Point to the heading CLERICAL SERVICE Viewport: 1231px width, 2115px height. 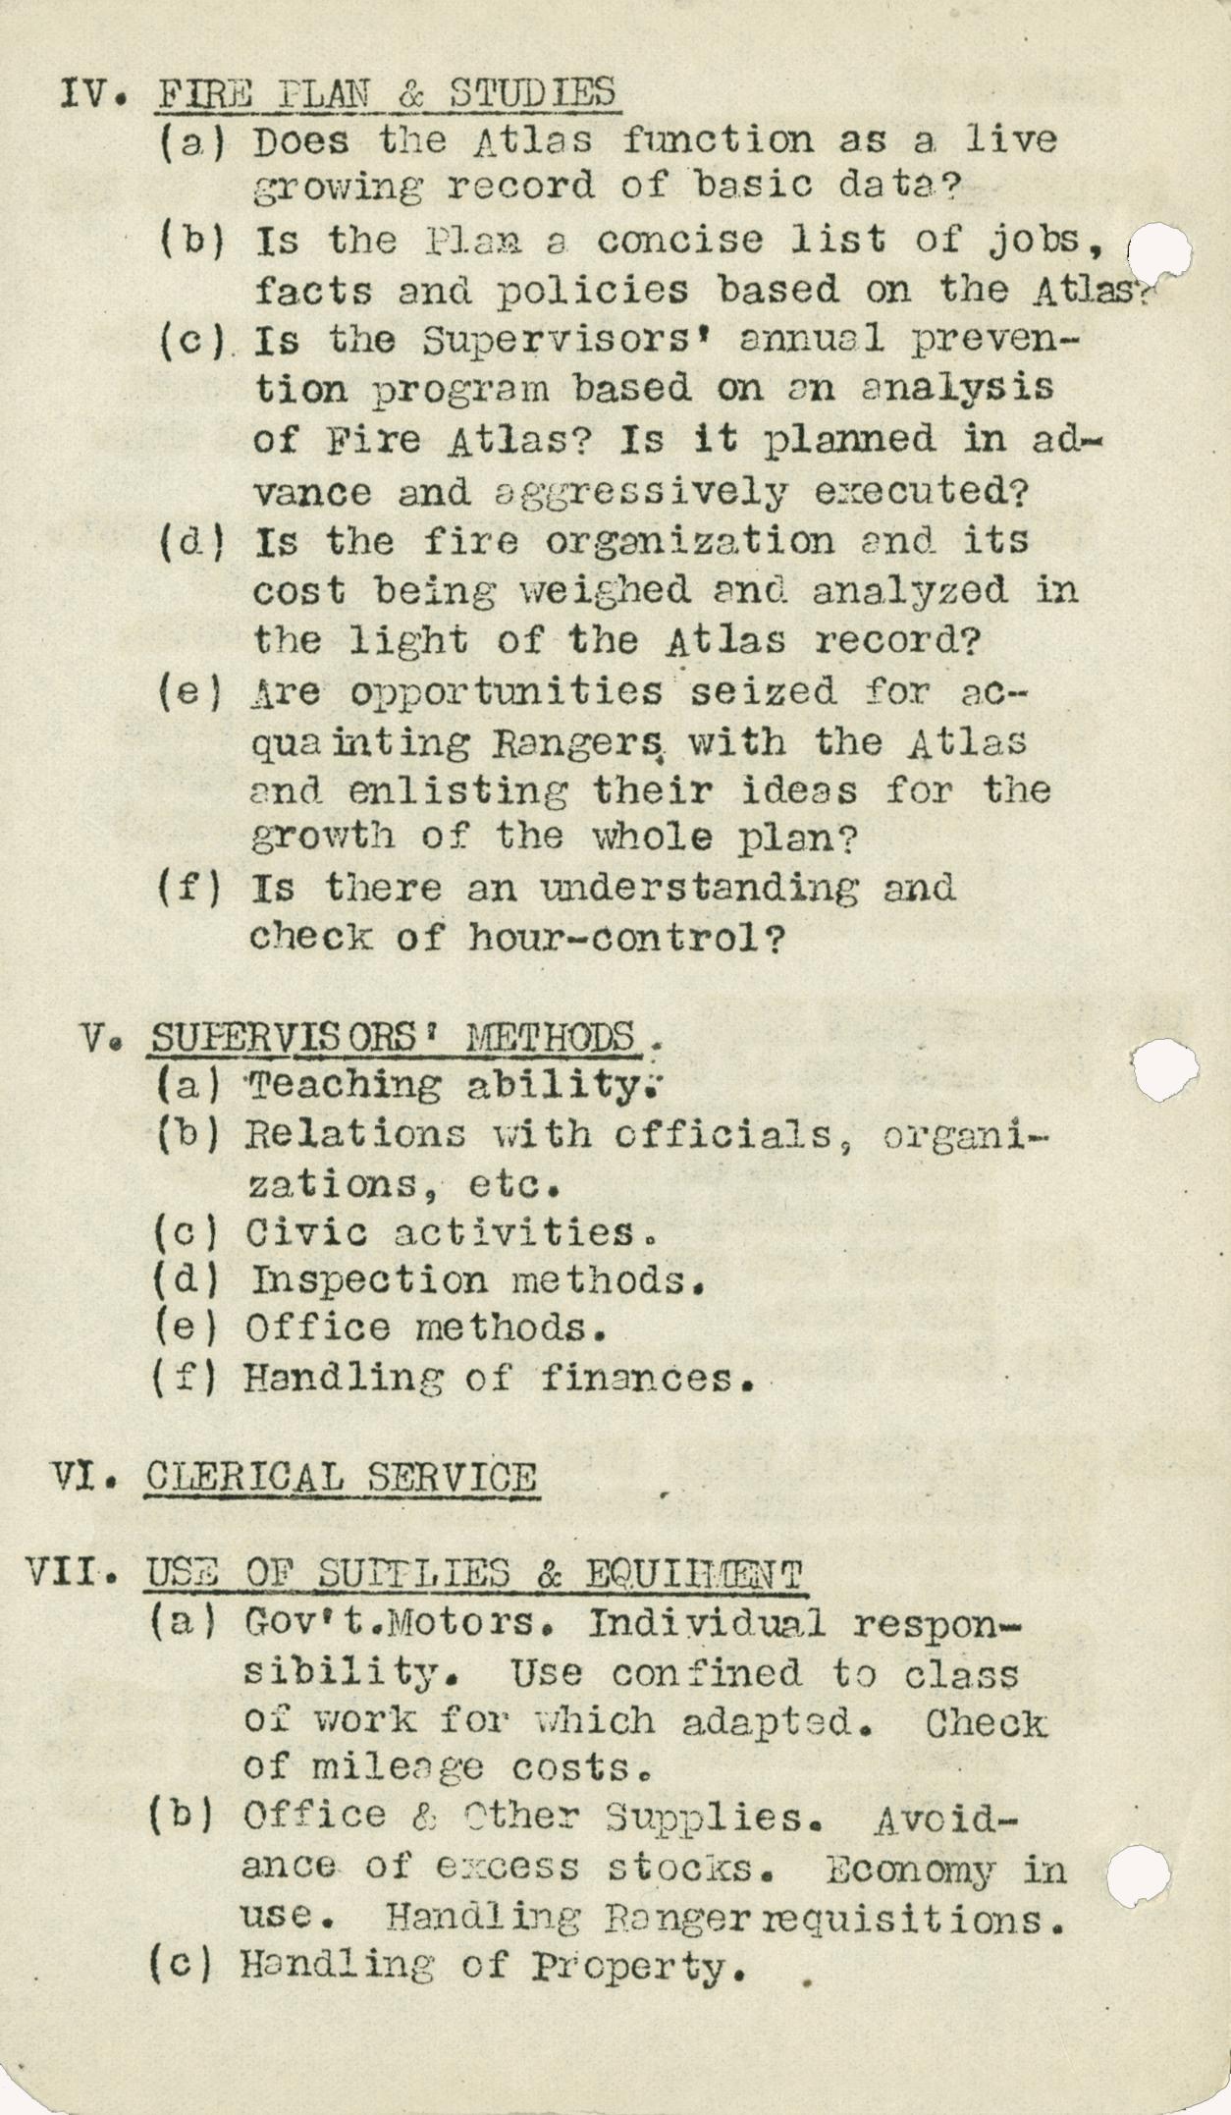[341, 1477]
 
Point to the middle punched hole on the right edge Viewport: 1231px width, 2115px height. [1165, 1070]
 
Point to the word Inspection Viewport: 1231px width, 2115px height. [369, 1279]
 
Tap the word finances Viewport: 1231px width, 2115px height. [649, 1379]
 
